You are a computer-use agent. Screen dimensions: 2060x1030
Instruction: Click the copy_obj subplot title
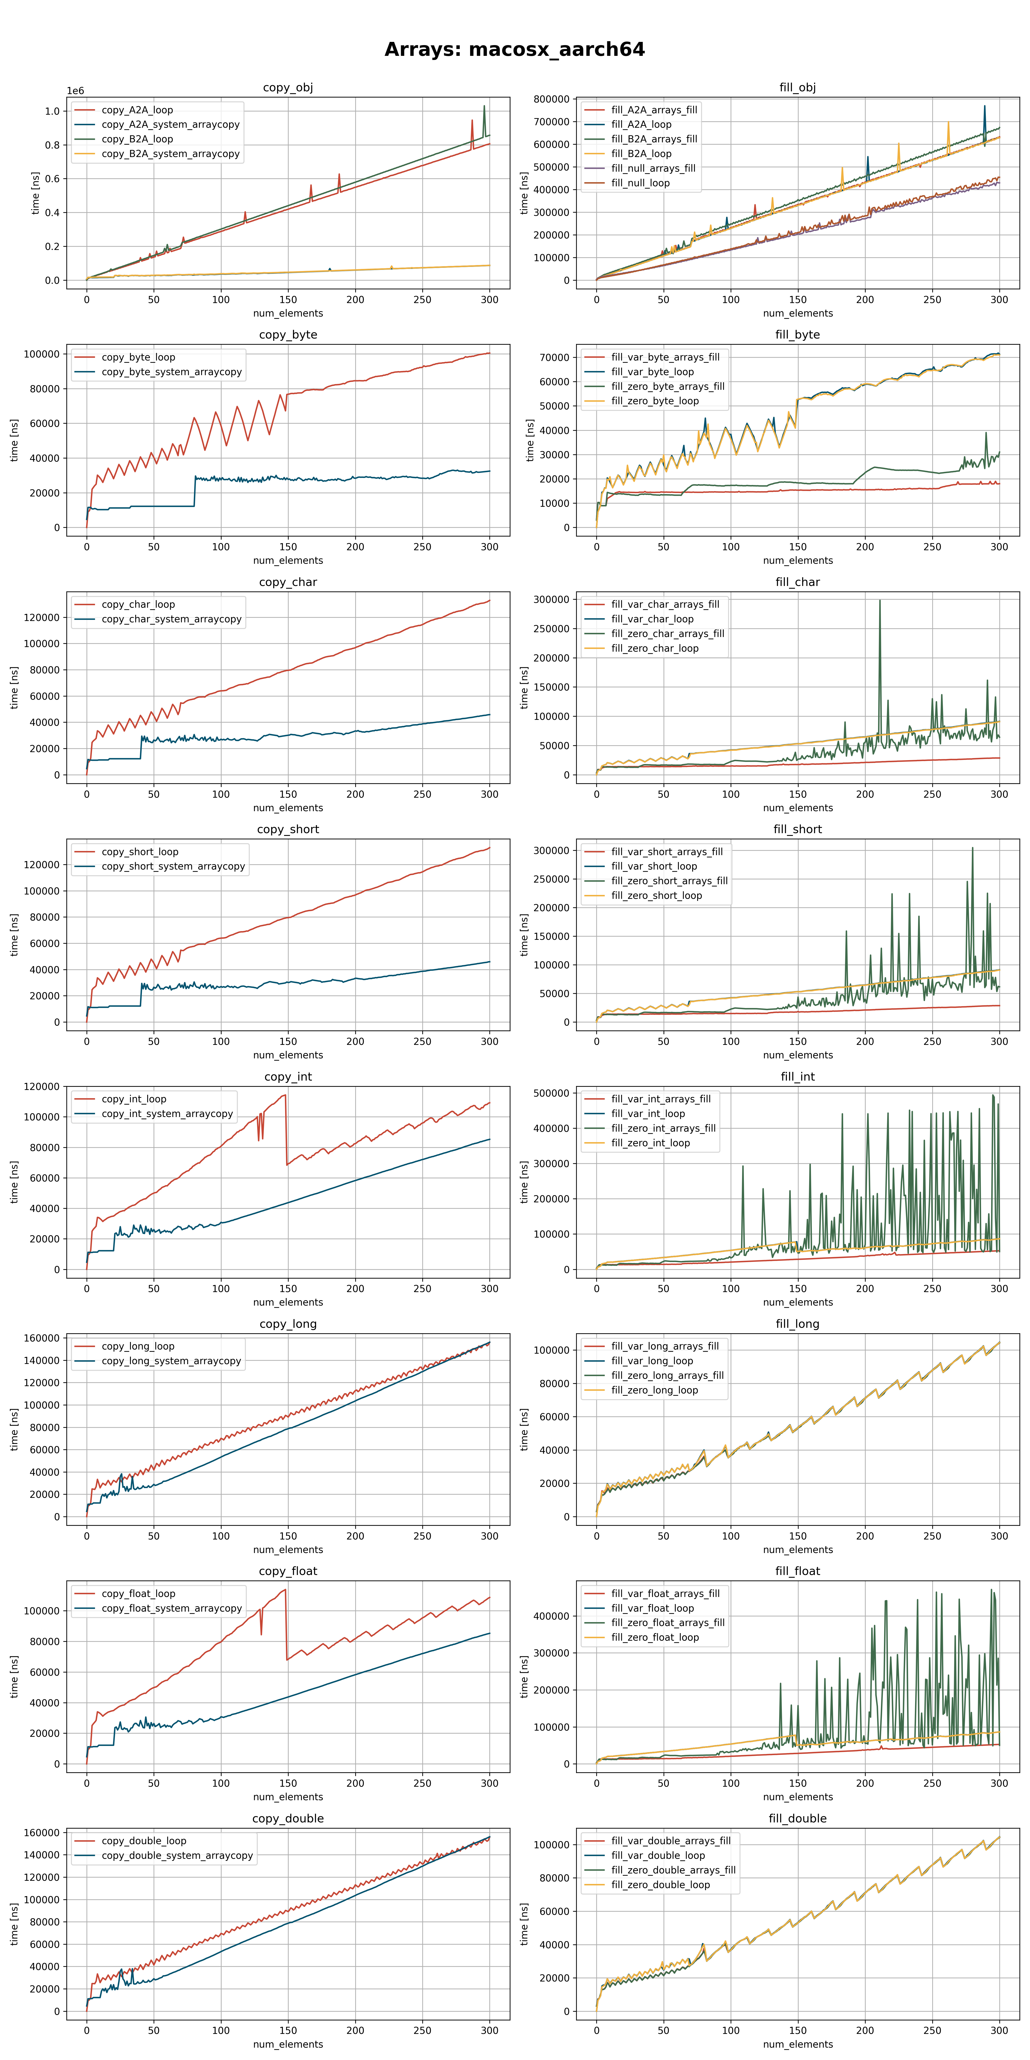288,88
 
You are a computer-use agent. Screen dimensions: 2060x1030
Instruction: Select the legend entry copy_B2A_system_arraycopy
170,154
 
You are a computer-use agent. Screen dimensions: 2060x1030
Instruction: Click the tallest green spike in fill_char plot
880,601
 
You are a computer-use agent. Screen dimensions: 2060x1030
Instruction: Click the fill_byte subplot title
797,335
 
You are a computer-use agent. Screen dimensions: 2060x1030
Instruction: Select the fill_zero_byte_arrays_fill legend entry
668,386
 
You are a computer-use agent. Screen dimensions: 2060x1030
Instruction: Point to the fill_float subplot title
797,1571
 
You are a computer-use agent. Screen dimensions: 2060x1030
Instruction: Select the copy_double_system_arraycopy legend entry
177,1855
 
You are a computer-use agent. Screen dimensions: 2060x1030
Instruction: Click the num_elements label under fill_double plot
797,2044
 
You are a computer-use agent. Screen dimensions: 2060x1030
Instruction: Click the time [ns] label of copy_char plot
14,688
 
